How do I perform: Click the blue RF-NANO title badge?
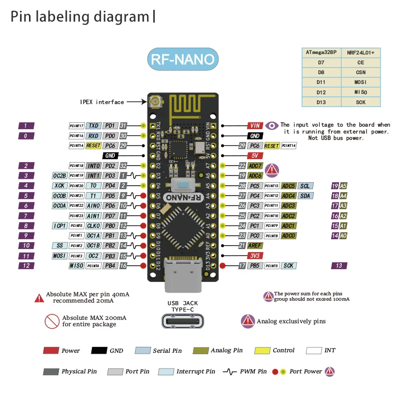coord(182,59)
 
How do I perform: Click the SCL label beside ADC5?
coord(306,186)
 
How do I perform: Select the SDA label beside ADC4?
coord(306,196)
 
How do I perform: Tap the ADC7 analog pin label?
coord(254,166)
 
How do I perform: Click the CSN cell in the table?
coord(361,72)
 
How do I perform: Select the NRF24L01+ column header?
coord(361,52)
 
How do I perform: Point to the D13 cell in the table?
coord(321,102)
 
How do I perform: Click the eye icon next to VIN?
coord(272,125)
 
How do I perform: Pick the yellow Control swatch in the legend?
coord(262,351)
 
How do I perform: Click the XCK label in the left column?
coord(59,186)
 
